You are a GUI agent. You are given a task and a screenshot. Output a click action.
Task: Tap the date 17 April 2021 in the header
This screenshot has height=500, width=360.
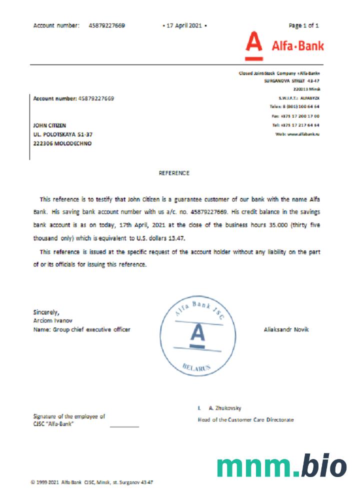184,25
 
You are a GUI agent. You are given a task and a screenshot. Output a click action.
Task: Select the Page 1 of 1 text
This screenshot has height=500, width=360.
304,25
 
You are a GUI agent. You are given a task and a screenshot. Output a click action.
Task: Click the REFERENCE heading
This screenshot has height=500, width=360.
174,173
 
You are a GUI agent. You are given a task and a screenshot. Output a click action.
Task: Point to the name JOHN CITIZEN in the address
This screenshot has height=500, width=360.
49,125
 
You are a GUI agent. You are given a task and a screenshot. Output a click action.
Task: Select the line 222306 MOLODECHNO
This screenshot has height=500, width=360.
62,143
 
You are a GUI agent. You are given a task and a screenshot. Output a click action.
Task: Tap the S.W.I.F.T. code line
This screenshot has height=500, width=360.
299,98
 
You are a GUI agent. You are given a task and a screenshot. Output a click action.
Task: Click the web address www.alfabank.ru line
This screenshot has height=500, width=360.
297,134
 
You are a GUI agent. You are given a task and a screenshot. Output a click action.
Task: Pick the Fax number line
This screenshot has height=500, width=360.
297,116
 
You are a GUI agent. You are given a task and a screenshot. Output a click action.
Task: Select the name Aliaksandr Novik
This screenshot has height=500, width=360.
286,329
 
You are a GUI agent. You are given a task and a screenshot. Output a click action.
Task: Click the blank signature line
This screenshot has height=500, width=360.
124,426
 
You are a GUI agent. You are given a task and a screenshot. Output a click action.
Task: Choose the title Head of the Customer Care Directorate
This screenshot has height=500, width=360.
246,419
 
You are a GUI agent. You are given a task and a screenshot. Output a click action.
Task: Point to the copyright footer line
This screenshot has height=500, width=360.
92,482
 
